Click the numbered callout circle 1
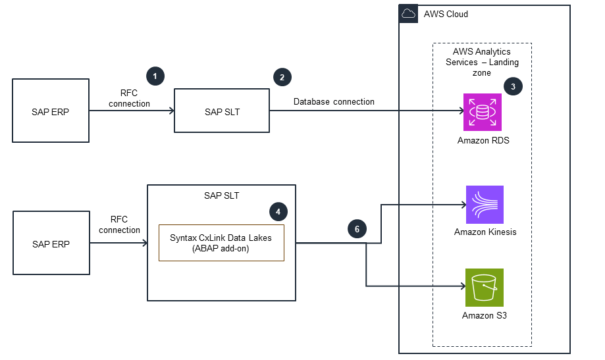[x=155, y=76]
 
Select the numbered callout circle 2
[x=282, y=77]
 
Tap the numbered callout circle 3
[x=513, y=86]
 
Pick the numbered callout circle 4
[x=278, y=212]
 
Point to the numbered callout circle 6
[x=357, y=229]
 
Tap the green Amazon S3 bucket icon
[x=484, y=288]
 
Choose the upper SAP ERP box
[x=51, y=111]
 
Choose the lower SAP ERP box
[x=51, y=243]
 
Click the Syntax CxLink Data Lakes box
[x=221, y=243]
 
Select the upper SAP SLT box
[x=222, y=111]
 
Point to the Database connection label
[x=334, y=101]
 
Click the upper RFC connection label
[x=129, y=99]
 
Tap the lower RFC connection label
[x=120, y=225]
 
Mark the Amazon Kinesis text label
[x=485, y=232]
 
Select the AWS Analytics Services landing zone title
[x=481, y=62]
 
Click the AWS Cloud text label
[x=446, y=14]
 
